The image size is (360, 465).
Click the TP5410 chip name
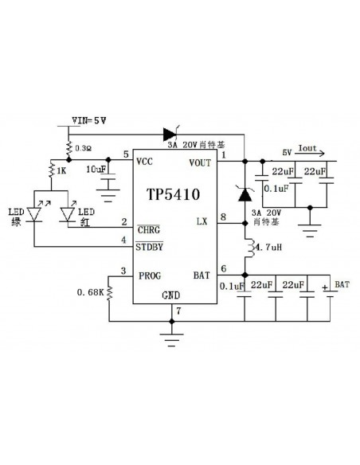pos(172,193)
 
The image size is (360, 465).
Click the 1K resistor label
pos(62,171)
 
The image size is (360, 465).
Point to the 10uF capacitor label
pos(96,170)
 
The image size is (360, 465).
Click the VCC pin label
pos(145,162)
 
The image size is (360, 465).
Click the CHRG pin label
pos(149,229)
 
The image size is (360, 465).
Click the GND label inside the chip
pos(171,295)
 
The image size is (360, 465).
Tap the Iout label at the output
pos(307,148)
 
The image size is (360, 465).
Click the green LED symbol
pos(36,213)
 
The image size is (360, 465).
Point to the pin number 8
pos(223,217)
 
